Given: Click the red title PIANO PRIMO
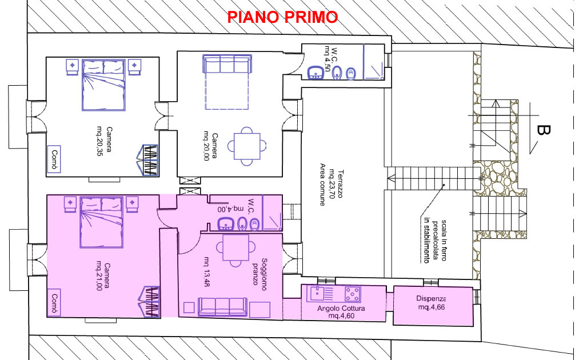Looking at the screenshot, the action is tap(282, 17).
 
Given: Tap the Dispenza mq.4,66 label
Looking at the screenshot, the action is tap(431, 303).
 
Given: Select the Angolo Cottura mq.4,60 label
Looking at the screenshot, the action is tap(341, 312).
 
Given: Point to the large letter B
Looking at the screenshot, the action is tap(544, 130).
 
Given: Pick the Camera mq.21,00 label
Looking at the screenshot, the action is tap(103, 277).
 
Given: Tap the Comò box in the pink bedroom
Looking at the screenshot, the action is tap(54, 302).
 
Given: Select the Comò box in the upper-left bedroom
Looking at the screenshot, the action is tap(54, 159).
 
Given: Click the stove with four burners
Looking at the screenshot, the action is tap(353, 294).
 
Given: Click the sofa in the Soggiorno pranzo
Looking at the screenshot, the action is tap(222, 307).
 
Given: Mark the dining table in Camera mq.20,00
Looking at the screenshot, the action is tap(247, 146).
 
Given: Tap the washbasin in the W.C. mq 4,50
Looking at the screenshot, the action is tap(316, 73).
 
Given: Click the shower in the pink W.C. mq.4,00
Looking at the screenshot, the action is tap(272, 213).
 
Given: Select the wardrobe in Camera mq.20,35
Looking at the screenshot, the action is tap(150, 160).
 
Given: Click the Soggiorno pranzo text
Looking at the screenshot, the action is tap(259, 272).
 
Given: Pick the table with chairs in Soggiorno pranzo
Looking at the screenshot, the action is tap(235, 247).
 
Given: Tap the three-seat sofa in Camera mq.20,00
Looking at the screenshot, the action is tap(227, 64).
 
